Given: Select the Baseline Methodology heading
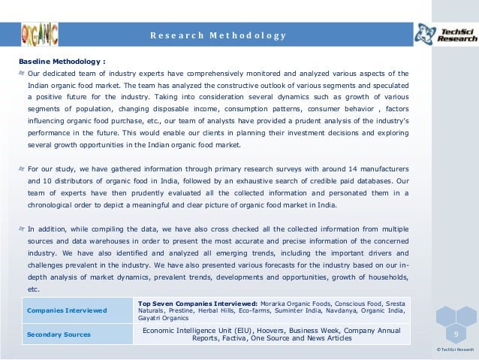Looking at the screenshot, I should coord(62,61).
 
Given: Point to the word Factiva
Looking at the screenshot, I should coord(249,338).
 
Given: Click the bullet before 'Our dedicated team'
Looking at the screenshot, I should coord(22,74).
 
